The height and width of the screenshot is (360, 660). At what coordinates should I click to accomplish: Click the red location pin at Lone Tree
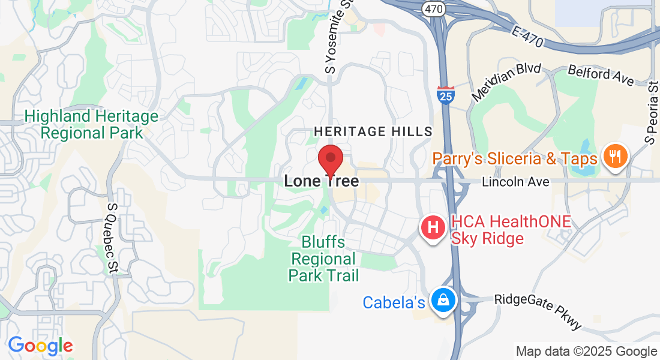[330, 160]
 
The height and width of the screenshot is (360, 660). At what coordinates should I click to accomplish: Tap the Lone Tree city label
[322, 181]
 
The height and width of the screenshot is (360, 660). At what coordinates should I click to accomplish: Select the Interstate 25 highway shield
[445, 95]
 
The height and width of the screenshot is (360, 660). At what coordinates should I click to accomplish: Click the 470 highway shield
[433, 8]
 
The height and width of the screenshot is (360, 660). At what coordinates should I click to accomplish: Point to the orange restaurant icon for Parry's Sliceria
[615, 157]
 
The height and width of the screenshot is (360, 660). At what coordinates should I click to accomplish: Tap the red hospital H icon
[433, 227]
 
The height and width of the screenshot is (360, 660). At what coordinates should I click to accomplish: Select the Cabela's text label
[394, 302]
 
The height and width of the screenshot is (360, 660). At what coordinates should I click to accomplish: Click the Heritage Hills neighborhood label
[373, 131]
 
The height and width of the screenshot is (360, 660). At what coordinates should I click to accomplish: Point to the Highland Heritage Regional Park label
[92, 124]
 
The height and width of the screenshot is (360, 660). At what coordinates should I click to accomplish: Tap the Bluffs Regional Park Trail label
[324, 259]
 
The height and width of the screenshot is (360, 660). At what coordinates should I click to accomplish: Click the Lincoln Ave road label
[515, 181]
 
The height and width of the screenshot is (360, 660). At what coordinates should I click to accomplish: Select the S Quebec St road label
[112, 239]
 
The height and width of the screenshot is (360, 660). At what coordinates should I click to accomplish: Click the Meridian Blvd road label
[507, 82]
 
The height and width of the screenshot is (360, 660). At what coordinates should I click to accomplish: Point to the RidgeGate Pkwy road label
[538, 311]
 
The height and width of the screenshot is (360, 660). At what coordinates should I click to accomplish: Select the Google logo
[40, 346]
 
